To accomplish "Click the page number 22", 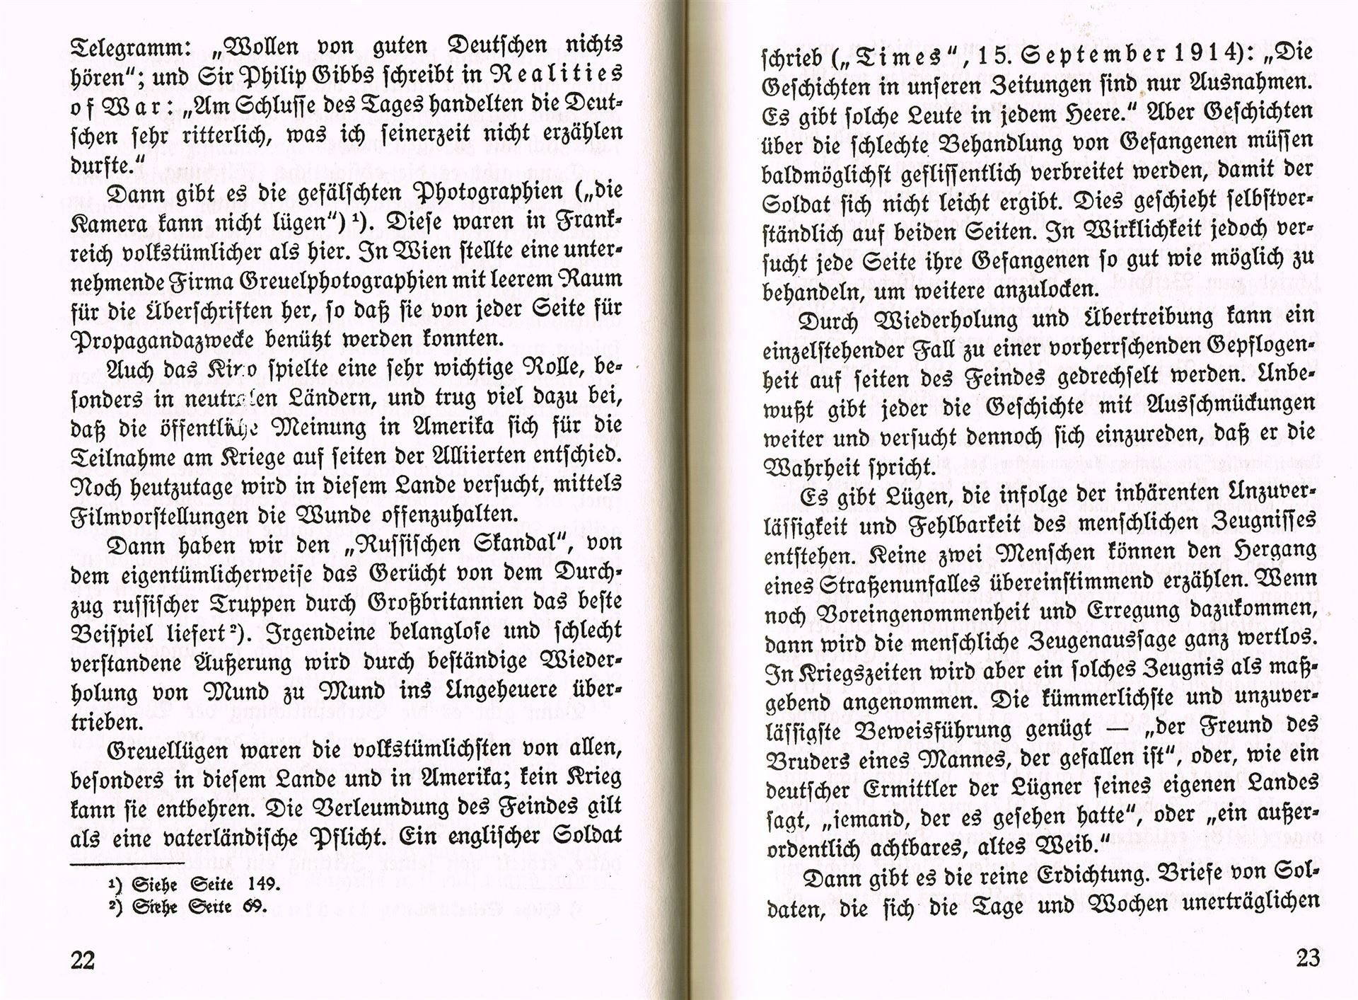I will tap(83, 960).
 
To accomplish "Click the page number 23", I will tap(1308, 958).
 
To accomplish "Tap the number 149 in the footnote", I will tap(264, 885).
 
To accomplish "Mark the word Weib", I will tap(1063, 846).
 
